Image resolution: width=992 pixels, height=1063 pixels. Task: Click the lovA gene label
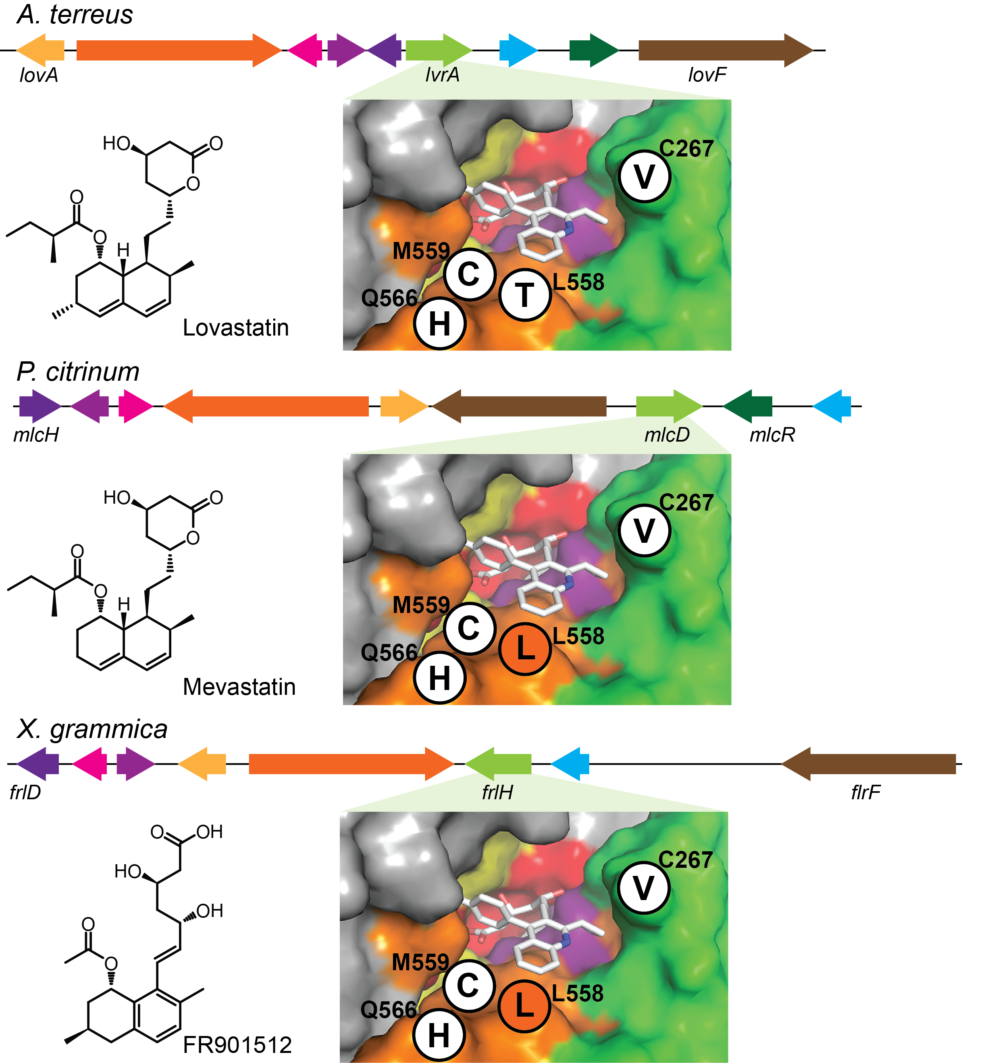coord(38,75)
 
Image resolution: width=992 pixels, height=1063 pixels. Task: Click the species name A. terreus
coord(75,15)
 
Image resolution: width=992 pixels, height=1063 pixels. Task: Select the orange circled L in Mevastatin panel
coord(525,648)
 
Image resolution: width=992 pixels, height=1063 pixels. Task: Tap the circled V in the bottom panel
coord(643,889)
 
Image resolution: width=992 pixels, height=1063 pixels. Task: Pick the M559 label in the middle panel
coord(421,605)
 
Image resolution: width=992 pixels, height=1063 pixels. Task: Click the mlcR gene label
coord(772,435)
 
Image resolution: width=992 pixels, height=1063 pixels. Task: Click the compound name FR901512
coord(237,1045)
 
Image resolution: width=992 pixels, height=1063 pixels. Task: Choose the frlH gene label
coord(497,792)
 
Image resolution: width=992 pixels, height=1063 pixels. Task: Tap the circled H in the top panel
coord(440,323)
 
